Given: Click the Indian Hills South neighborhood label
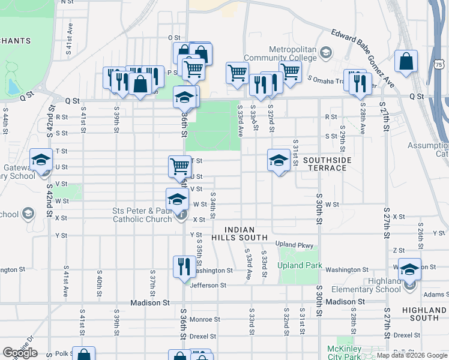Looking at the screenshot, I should (x=246, y=233).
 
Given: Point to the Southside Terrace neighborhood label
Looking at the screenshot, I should (x=325, y=164).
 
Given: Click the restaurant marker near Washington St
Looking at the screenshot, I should (x=182, y=266).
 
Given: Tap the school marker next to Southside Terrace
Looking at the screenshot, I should (x=279, y=160).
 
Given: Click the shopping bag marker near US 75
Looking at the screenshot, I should (x=406, y=62).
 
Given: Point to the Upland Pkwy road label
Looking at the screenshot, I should (x=295, y=245).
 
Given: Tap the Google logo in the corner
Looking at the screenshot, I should (x=20, y=352).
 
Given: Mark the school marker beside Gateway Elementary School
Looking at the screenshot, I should (x=41, y=160).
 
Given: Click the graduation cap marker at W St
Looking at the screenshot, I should (x=177, y=199).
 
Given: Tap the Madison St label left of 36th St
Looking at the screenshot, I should (x=147, y=302).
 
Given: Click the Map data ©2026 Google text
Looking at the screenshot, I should (x=412, y=355).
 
